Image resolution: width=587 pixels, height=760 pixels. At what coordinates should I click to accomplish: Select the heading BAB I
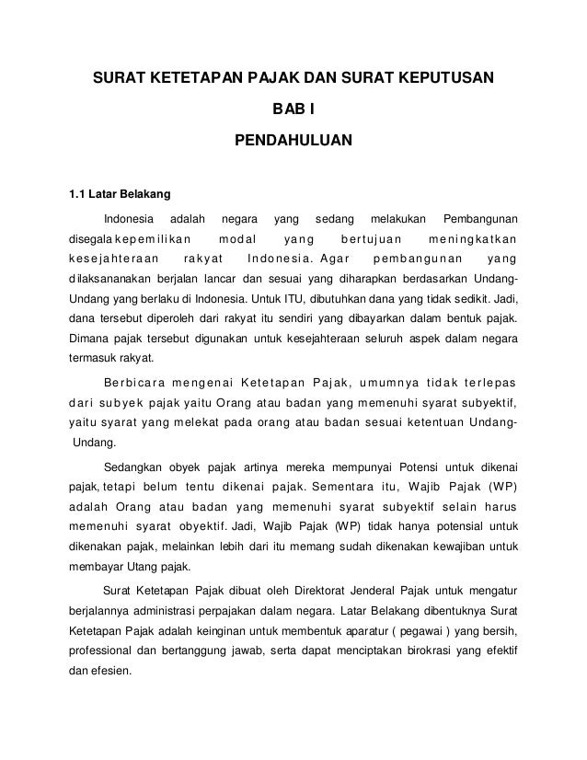[x=293, y=111]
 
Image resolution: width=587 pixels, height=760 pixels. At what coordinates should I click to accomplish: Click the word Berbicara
[x=137, y=383]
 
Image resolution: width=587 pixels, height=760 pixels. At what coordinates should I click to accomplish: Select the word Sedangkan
[x=136, y=464]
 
